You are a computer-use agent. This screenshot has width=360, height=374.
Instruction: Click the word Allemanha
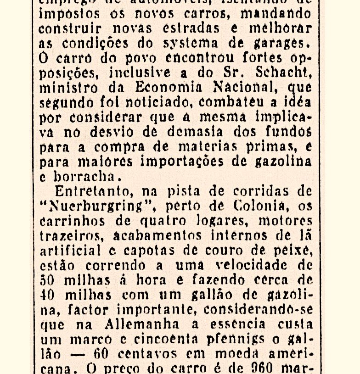click(142, 324)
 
